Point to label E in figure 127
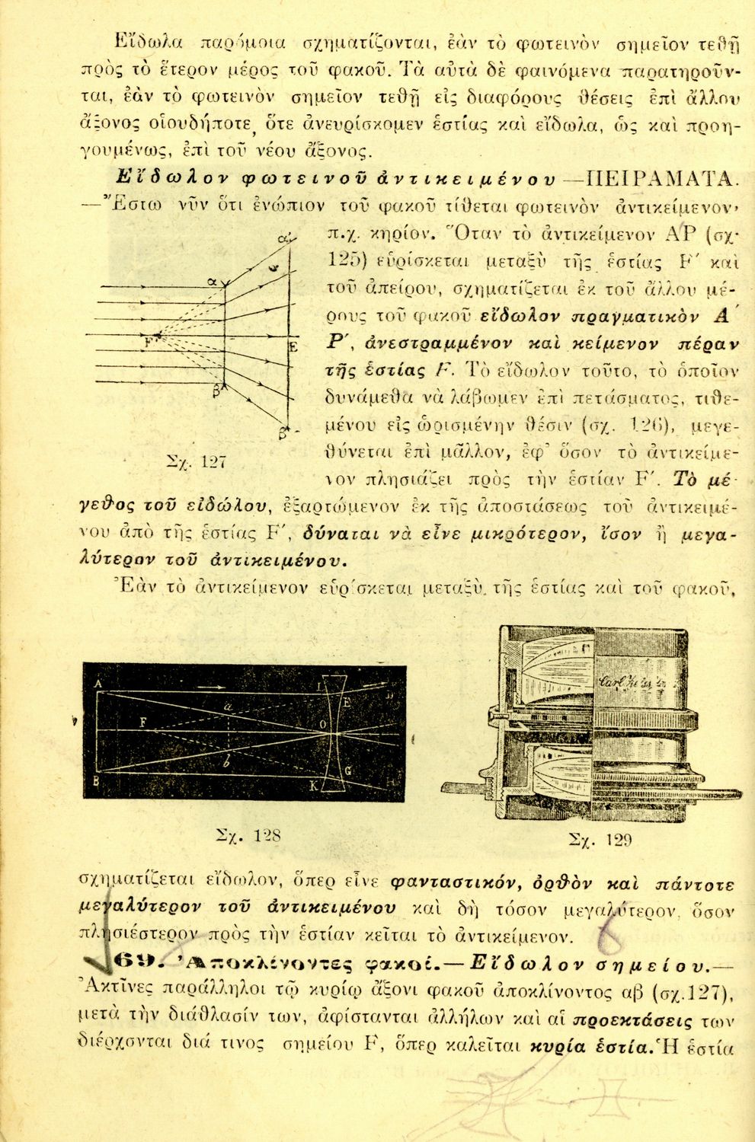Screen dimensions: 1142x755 [292, 348]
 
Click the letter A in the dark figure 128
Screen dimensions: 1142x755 [99, 684]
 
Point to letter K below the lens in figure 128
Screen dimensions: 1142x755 [314, 786]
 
